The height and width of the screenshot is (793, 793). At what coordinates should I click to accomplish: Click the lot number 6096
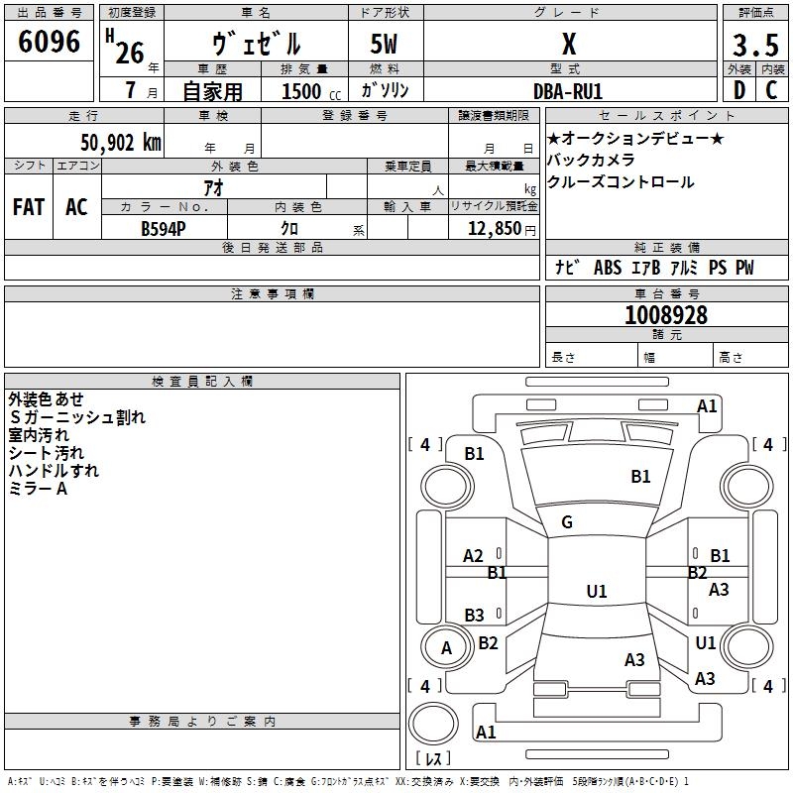click(50, 43)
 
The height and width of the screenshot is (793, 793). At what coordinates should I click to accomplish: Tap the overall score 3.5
click(754, 46)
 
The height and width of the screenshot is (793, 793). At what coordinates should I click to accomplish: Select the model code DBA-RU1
click(568, 91)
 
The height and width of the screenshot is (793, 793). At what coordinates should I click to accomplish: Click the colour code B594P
click(163, 228)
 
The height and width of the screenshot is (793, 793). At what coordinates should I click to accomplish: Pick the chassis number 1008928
click(666, 315)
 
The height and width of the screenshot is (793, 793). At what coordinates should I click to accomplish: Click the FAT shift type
click(29, 207)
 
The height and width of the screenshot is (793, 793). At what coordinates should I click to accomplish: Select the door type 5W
click(385, 45)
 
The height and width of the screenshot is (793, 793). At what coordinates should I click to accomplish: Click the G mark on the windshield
click(567, 522)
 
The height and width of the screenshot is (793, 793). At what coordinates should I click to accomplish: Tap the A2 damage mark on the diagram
click(474, 556)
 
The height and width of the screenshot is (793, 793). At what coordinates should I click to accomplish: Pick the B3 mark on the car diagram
click(475, 615)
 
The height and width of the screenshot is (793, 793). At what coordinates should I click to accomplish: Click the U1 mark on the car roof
click(597, 592)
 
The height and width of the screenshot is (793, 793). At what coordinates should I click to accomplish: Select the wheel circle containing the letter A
click(446, 647)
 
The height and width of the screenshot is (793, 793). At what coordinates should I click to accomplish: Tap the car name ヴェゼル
click(257, 45)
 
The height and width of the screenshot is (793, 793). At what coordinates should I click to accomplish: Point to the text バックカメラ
click(591, 160)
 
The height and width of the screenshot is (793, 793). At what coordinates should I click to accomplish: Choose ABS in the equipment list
click(607, 268)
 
